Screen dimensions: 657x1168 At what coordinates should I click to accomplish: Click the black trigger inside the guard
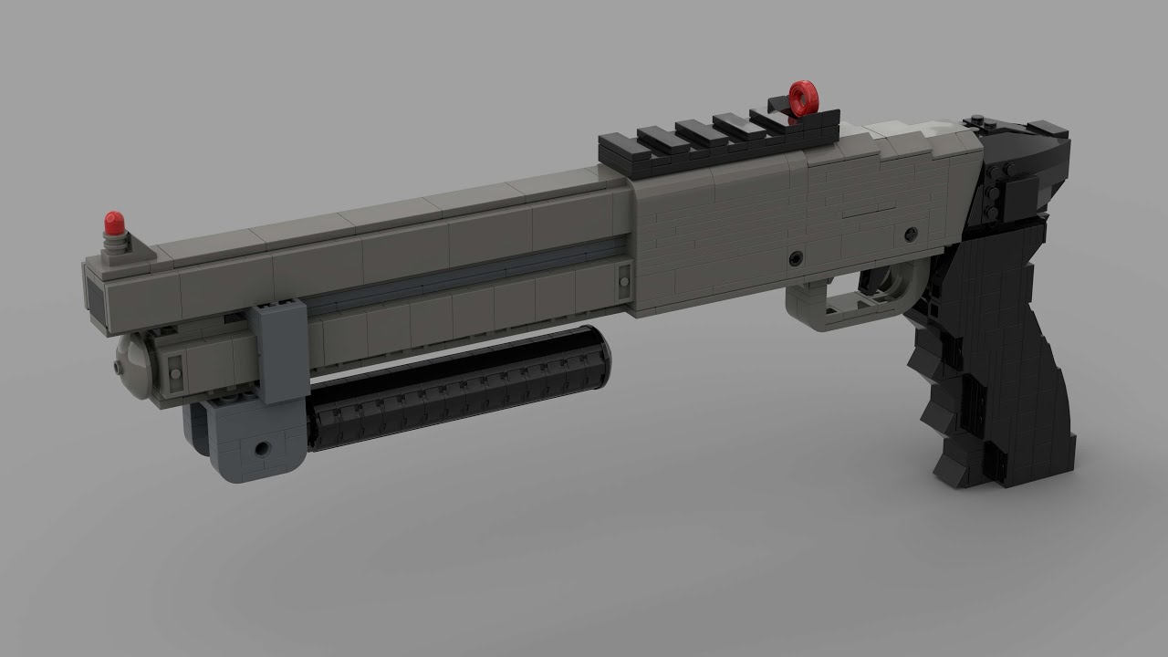tap(881, 283)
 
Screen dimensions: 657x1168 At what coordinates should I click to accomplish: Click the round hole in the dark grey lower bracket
tap(263, 449)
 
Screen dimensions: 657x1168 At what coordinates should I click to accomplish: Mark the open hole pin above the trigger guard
tap(797, 258)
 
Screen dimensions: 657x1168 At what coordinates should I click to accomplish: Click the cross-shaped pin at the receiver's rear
tap(910, 235)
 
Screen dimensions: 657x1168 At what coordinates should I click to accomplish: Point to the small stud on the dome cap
tap(119, 367)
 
